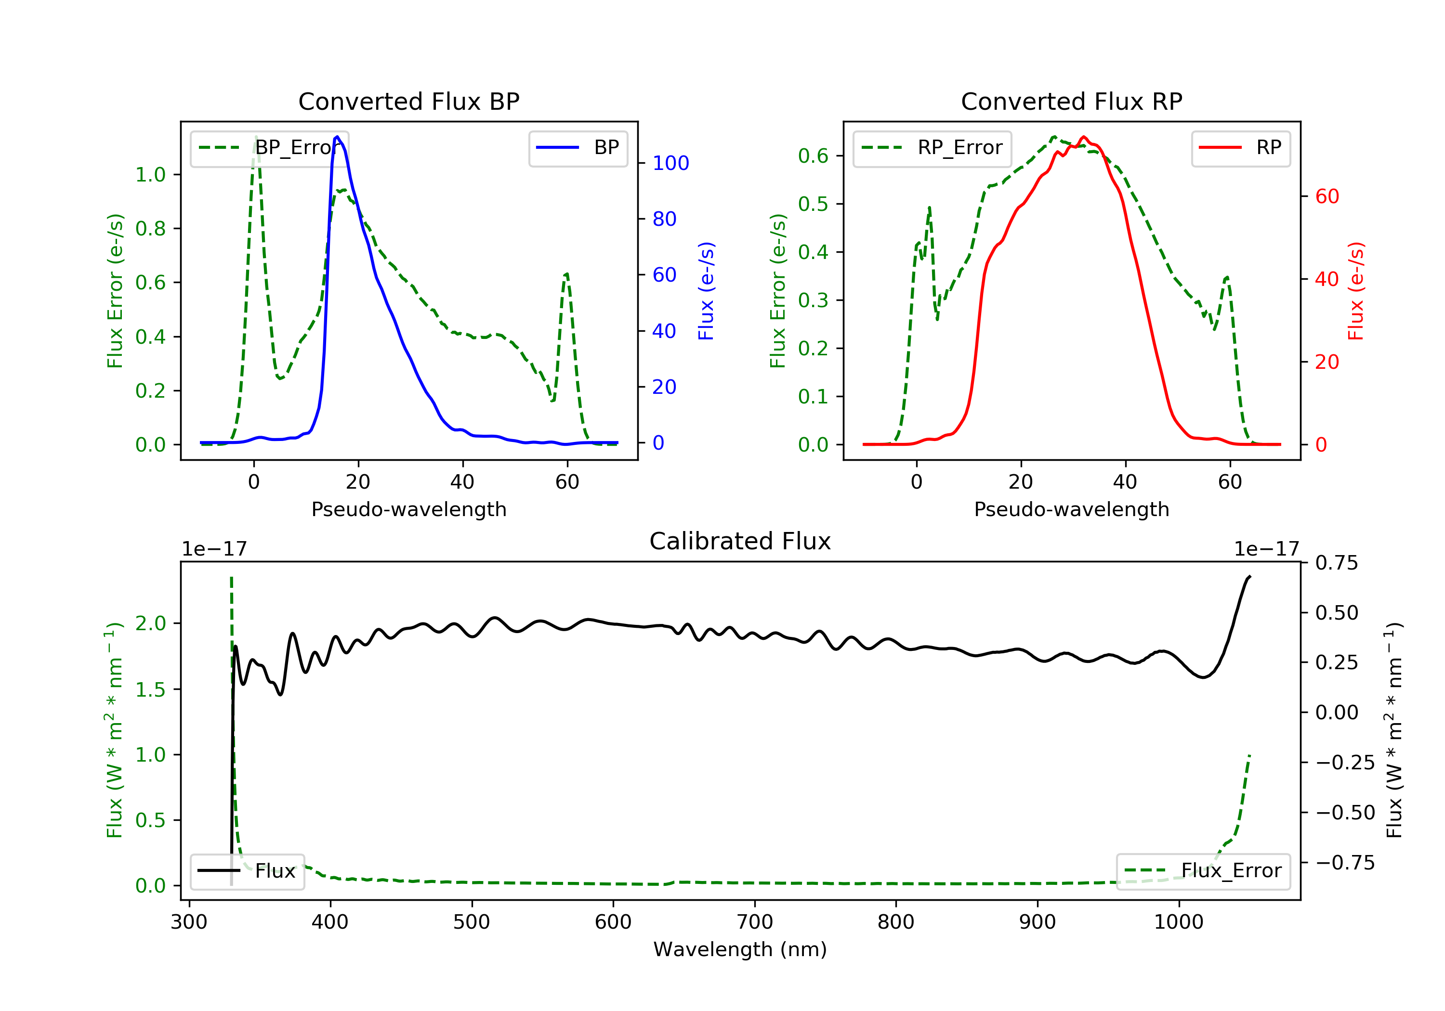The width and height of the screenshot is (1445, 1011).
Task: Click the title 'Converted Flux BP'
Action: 408,101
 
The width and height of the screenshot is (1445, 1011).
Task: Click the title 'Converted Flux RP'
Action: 1071,101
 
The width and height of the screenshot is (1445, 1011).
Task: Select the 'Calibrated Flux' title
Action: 740,541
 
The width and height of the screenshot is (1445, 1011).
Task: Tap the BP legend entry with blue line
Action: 578,148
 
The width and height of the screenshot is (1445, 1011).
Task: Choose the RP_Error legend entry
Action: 932,148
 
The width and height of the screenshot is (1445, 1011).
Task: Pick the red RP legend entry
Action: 1240,148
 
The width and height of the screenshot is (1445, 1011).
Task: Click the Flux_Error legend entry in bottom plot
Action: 1203,871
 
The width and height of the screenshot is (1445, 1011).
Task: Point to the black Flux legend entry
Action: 247,871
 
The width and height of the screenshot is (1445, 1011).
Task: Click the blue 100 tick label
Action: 671,163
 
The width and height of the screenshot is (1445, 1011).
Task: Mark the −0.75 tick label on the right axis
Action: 1345,863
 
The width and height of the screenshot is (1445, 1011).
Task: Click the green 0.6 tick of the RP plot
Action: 813,156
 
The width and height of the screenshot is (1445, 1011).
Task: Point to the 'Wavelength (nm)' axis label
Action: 740,949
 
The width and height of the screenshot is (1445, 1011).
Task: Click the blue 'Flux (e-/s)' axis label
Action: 706,291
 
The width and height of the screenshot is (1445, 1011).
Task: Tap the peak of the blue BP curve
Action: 337,137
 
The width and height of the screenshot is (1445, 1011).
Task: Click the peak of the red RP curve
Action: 1083,137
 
